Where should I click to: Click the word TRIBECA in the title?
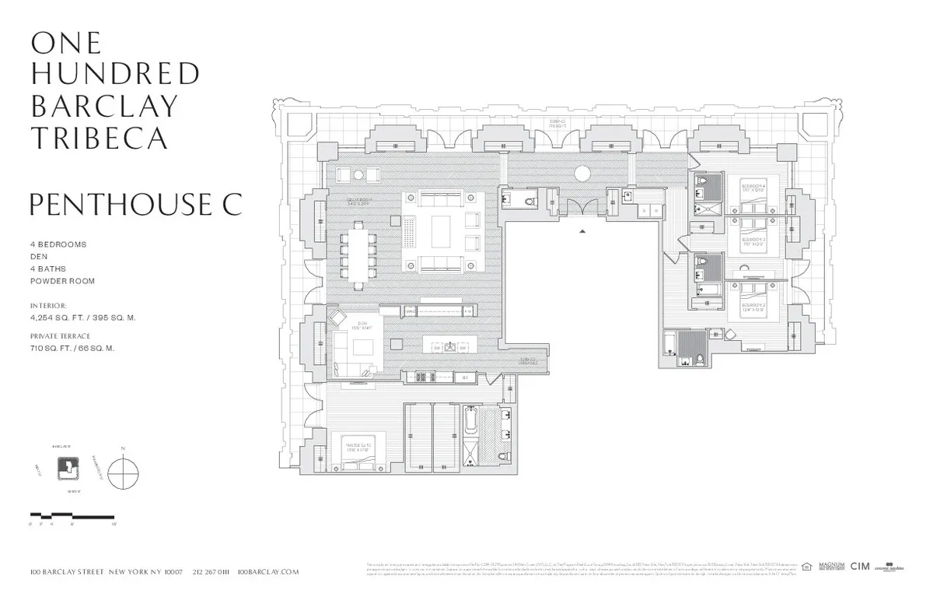[x=99, y=138]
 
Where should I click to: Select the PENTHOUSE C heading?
[x=136, y=204]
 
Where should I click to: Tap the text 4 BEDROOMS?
[x=58, y=244]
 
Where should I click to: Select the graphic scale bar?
[x=72, y=516]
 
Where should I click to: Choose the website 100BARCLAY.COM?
[x=268, y=571]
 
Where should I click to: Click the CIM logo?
[x=860, y=567]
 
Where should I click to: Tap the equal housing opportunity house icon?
[x=806, y=567]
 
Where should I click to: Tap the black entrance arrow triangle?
[x=582, y=231]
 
